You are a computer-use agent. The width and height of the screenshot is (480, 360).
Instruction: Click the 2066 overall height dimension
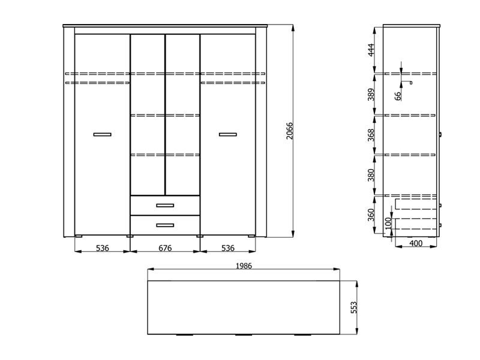[290, 131]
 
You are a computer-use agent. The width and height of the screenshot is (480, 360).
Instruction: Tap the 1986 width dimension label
[244, 266]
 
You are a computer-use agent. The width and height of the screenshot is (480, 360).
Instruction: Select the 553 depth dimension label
[353, 307]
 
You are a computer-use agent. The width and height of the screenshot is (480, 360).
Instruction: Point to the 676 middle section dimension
[165, 248]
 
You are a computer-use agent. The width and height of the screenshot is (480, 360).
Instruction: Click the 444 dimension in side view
[371, 50]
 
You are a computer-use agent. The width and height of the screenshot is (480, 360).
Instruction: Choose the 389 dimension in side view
[371, 94]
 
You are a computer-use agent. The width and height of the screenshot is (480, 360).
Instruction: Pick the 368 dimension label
[371, 134]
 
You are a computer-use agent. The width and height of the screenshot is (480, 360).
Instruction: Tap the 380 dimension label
[371, 175]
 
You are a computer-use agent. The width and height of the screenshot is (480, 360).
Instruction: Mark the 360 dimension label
[371, 215]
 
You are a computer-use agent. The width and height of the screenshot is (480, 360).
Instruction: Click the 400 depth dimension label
[416, 244]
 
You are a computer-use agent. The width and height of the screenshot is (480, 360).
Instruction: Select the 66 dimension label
[398, 96]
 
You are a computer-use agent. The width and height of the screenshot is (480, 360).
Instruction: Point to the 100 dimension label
[388, 223]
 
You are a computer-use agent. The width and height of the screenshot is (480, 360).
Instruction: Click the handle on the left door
[102, 134]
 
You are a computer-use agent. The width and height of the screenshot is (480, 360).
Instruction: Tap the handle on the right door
[228, 134]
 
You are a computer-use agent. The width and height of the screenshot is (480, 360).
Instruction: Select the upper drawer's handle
[165, 205]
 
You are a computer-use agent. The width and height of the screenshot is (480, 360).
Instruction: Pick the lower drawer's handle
[165, 226]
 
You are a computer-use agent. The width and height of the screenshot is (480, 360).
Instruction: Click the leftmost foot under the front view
[79, 236]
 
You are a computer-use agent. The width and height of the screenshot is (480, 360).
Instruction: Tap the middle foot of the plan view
[244, 335]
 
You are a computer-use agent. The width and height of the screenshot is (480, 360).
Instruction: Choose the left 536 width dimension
[102, 248]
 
